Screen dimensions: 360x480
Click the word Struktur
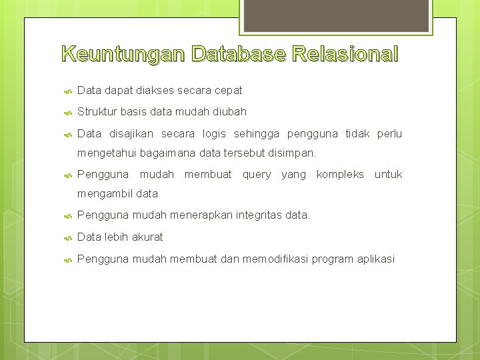97,111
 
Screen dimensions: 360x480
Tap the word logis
214,133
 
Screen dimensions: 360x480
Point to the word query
257,174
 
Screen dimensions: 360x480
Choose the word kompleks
340,174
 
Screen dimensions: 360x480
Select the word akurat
147,237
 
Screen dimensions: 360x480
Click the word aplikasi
375,258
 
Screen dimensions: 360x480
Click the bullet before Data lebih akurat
67,237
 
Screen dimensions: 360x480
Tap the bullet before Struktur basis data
67,112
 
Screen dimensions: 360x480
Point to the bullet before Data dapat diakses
67,91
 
